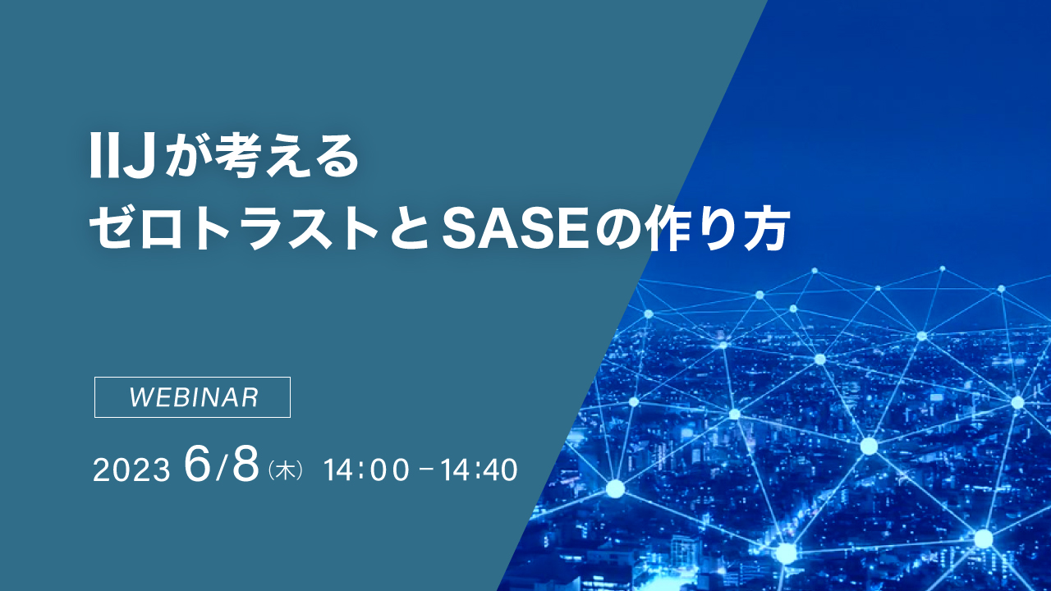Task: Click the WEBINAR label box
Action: tap(193, 397)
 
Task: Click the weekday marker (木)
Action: tap(287, 471)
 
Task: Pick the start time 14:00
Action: tap(366, 470)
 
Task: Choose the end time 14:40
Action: tap(479, 470)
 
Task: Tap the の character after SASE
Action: tap(617, 230)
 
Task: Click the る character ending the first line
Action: tap(337, 159)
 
